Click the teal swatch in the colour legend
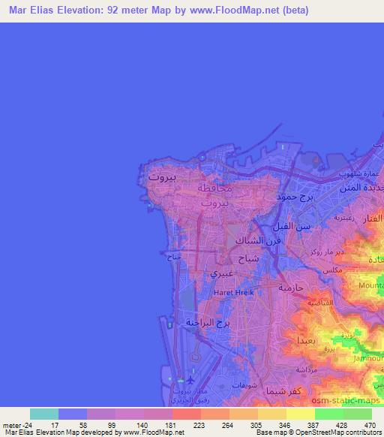pyautogui.click(x=44, y=414)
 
